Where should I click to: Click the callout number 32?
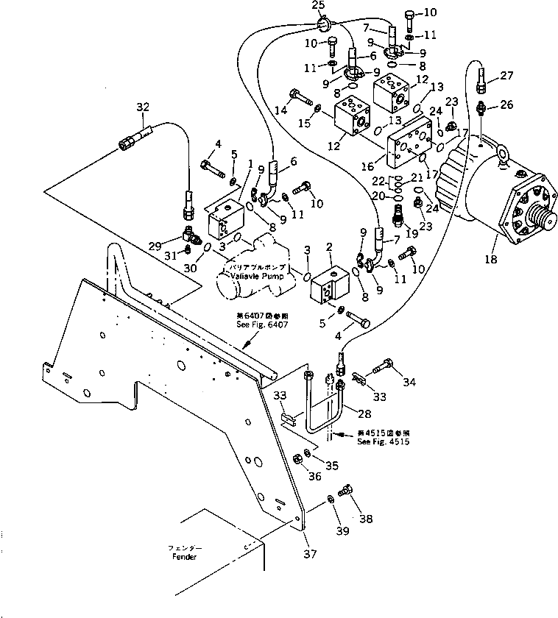coord(143,107)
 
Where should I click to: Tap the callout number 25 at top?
coord(318,6)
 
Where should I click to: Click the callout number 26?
coord(507,104)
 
